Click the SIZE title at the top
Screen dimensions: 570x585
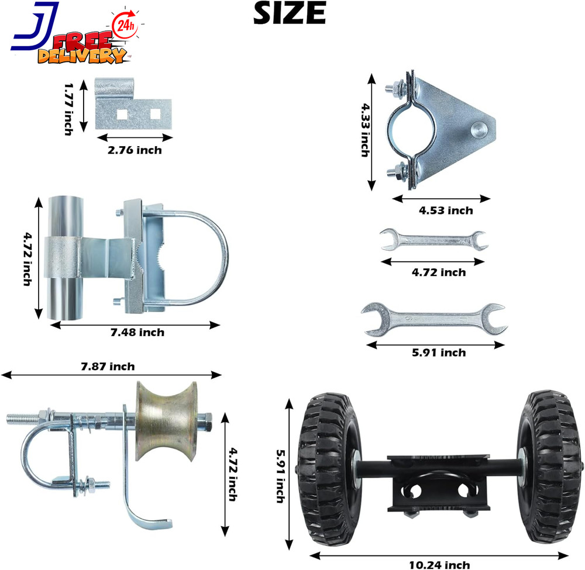[289, 13]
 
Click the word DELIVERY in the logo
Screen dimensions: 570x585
[82, 56]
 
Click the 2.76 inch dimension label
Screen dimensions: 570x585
[135, 150]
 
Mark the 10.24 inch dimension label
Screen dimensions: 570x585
[439, 564]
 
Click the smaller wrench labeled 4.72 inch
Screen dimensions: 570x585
[433, 240]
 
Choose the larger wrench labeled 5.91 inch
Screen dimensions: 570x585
[433, 319]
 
